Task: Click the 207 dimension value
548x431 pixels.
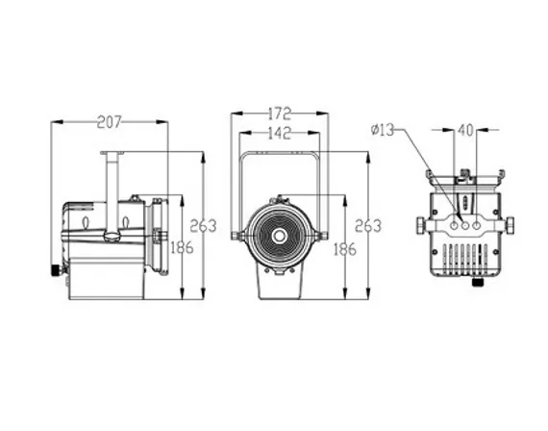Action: click(x=109, y=122)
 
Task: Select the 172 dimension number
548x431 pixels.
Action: click(x=279, y=114)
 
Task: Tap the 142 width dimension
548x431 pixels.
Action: click(x=279, y=133)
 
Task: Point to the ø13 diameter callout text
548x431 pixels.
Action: click(x=382, y=131)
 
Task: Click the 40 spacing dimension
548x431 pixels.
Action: click(x=465, y=131)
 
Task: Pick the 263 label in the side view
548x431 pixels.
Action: click(x=203, y=226)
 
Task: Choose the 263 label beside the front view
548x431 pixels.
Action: click(x=368, y=226)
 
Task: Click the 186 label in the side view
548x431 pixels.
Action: click(x=182, y=248)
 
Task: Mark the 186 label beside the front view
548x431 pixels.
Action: click(x=345, y=250)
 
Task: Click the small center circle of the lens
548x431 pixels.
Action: click(x=279, y=236)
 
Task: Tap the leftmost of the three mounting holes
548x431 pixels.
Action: click(x=454, y=226)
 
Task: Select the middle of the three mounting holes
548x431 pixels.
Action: click(x=465, y=226)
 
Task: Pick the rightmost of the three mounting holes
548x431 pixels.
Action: click(x=476, y=226)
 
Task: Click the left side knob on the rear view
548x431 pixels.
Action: click(x=420, y=225)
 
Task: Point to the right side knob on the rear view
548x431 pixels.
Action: click(x=511, y=225)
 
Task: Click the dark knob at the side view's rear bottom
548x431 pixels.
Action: click(x=56, y=270)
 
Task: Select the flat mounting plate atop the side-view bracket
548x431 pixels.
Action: click(x=112, y=153)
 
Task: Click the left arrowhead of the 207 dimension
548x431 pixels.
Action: click(x=57, y=122)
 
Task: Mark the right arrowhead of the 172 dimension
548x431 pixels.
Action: click(x=322, y=113)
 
